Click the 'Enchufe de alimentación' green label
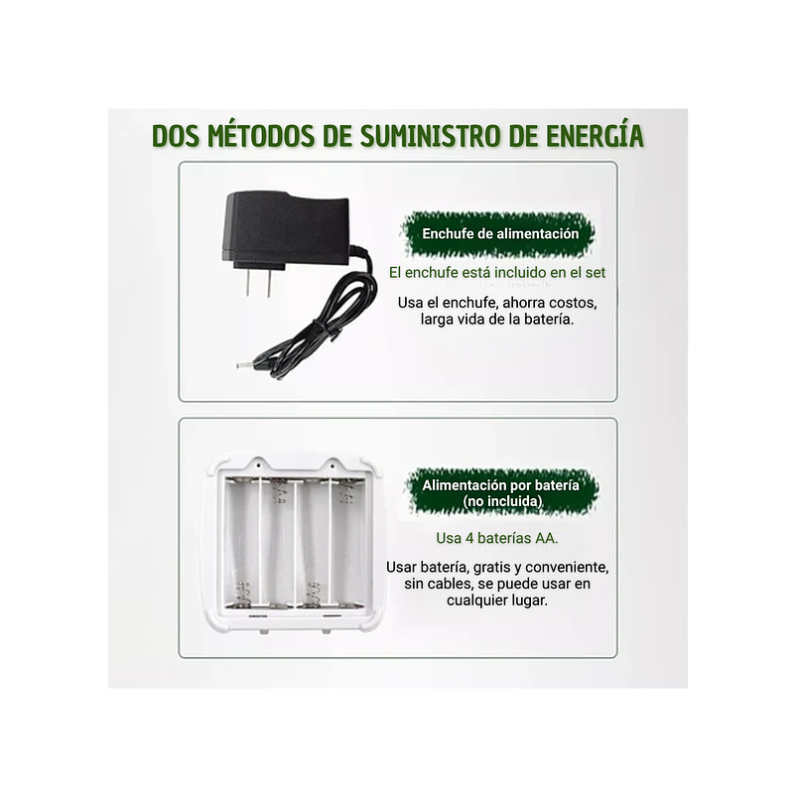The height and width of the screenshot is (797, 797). [x=500, y=234]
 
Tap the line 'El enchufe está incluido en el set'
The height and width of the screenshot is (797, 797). [x=496, y=272]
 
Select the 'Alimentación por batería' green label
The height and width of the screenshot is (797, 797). [x=501, y=485]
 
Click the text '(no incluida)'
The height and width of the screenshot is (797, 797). [x=501, y=502]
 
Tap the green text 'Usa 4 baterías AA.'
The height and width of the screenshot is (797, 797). [x=496, y=538]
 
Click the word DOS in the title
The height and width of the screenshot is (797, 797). [x=174, y=136]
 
